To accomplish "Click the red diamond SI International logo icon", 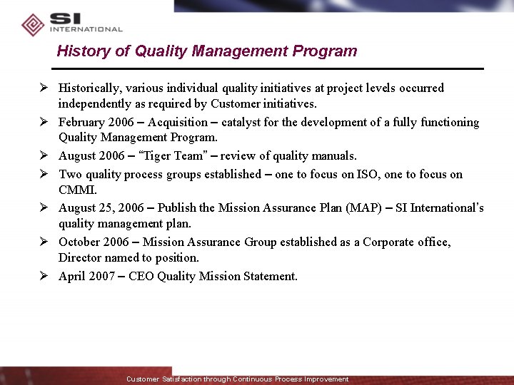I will (x=33, y=25).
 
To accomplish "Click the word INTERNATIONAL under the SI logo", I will (x=86, y=30).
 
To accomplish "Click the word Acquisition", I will (x=177, y=123).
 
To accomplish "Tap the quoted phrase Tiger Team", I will (x=168, y=156).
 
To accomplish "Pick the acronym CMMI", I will (x=78, y=190).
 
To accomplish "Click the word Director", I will (x=80, y=258).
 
